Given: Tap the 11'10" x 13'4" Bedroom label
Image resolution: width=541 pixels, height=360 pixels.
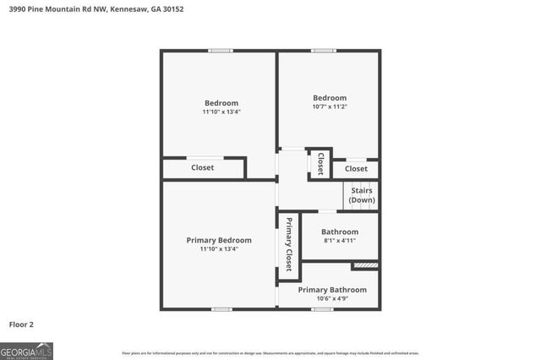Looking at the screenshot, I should point(221,107).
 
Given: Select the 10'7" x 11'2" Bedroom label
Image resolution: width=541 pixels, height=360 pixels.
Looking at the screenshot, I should point(329,102).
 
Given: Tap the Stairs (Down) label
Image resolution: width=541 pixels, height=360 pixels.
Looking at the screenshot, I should point(362,195).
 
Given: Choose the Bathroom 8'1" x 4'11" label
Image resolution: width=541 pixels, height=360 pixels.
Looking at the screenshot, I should point(341,236).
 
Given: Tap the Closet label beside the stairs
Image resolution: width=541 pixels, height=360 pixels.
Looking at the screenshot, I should point(356,169).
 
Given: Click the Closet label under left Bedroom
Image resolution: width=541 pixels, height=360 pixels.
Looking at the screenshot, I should point(202,167).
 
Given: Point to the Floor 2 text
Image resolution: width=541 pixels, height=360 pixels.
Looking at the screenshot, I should point(21,324).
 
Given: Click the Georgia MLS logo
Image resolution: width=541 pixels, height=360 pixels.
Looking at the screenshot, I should point(27,350).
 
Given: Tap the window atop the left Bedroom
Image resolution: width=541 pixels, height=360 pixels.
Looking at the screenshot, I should point(221,51).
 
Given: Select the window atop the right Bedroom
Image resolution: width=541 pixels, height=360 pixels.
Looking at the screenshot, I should point(322,51).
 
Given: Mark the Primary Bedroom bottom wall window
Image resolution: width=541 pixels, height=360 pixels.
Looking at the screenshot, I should point(221,308).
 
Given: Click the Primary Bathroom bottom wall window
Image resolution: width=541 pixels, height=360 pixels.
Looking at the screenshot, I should point(321,308).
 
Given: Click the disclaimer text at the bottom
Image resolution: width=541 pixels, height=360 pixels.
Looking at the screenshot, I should point(270,353).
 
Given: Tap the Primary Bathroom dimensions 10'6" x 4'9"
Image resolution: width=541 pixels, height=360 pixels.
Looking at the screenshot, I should point(331,298).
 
